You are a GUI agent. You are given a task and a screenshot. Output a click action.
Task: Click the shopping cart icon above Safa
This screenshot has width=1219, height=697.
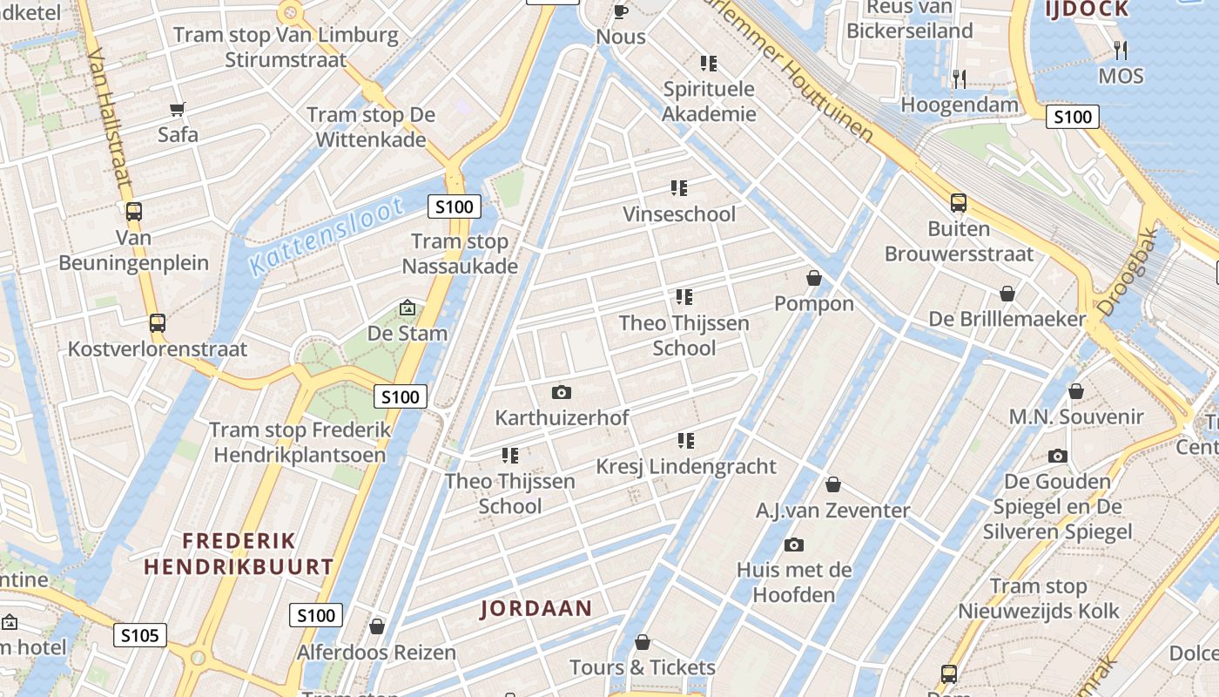tap(178, 109)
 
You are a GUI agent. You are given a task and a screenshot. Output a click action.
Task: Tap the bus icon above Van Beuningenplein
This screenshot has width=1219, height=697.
tap(133, 211)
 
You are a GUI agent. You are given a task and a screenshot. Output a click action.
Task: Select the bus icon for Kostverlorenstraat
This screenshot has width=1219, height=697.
tap(157, 323)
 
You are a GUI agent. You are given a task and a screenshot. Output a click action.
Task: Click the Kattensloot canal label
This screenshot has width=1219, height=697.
tap(326, 236)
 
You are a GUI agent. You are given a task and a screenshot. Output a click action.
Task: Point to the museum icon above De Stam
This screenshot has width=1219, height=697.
tap(407, 308)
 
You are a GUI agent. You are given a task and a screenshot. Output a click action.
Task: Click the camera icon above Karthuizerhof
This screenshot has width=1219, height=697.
tap(562, 392)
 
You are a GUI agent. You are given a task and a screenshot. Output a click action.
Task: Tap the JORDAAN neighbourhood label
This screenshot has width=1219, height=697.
tap(535, 609)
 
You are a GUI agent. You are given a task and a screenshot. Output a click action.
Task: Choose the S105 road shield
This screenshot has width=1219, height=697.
tap(139, 635)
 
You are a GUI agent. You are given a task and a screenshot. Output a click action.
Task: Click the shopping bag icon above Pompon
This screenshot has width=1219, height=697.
tap(814, 278)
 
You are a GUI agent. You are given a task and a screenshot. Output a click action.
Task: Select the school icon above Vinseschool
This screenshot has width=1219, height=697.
tap(679, 188)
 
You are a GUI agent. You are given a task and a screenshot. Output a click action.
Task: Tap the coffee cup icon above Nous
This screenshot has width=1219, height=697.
tap(621, 11)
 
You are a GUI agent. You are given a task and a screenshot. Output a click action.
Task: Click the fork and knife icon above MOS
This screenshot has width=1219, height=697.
tap(1121, 50)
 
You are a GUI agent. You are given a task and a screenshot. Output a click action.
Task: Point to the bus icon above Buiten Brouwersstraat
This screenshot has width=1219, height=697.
tap(959, 203)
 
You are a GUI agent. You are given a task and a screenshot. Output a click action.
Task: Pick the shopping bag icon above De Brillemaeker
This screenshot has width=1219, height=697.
tap(1007, 294)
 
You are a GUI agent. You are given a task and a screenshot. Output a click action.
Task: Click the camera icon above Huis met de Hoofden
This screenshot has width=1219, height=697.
tap(793, 545)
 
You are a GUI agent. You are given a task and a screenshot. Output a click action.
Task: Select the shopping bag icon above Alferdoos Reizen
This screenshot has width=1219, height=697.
tap(377, 626)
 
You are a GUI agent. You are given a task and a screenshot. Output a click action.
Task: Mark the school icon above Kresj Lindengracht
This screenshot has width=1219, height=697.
tap(686, 441)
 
